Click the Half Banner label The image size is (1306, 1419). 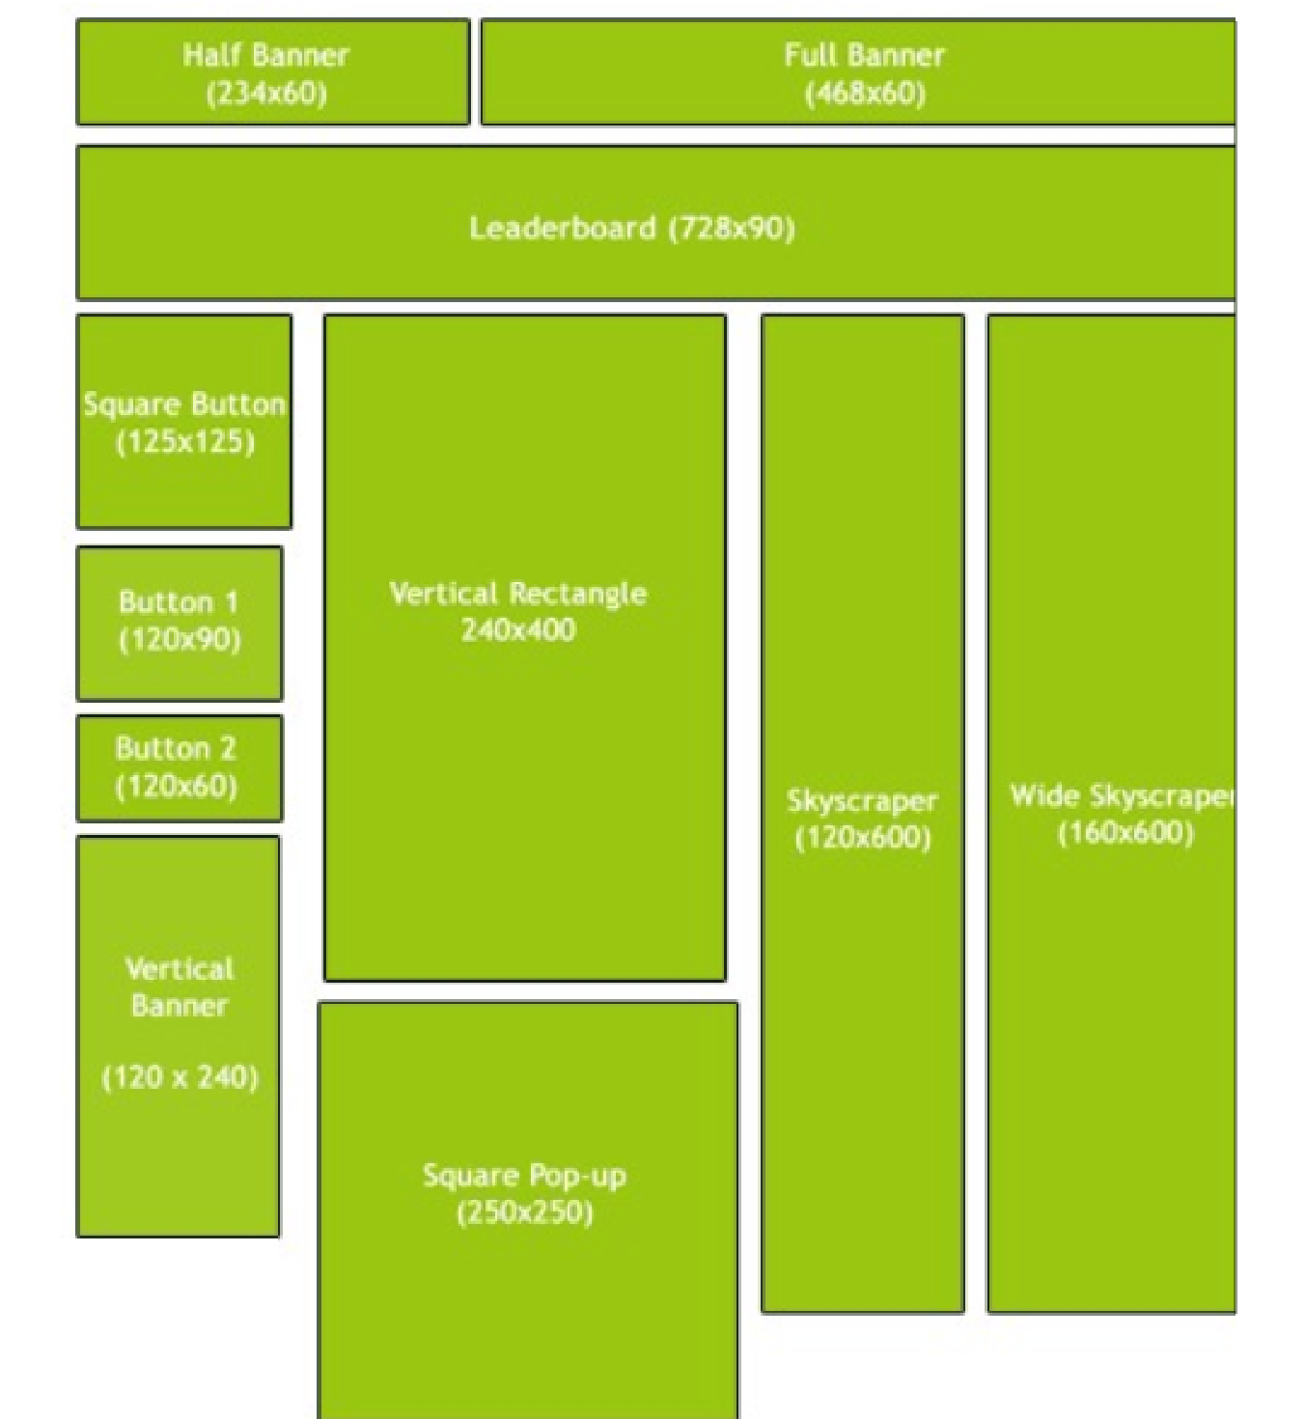click(x=265, y=55)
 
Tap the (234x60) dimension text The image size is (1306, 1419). click(x=266, y=93)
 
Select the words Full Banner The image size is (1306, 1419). click(x=864, y=55)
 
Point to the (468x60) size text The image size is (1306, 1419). click(x=865, y=93)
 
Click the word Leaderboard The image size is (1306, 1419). click(x=563, y=228)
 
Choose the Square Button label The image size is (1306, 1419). click(x=184, y=405)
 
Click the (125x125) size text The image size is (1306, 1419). click(x=185, y=443)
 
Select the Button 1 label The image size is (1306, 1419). click(x=179, y=602)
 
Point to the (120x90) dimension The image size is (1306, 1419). click(x=181, y=639)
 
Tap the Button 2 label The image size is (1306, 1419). click(x=176, y=748)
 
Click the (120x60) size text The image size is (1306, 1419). click(x=177, y=786)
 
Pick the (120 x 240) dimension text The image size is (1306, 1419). click(x=181, y=1077)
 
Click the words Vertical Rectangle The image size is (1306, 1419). click(x=518, y=595)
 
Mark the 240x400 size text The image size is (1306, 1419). click(x=518, y=629)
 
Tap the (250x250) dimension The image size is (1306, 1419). click(x=525, y=1212)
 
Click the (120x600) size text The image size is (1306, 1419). click(x=863, y=838)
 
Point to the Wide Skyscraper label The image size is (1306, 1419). click(x=1122, y=796)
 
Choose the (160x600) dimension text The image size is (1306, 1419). click(x=1125, y=832)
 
